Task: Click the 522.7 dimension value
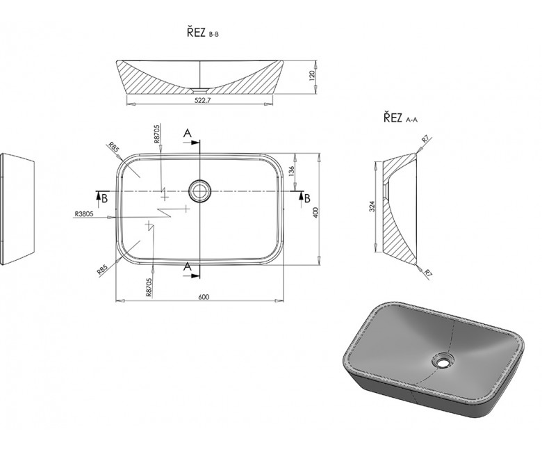pyautogui.click(x=201, y=100)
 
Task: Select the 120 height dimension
pyautogui.click(x=312, y=74)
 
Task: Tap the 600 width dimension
pyautogui.click(x=204, y=297)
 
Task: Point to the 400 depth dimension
pyautogui.click(x=315, y=212)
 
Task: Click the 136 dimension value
pyautogui.click(x=291, y=171)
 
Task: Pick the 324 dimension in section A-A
pyautogui.click(x=372, y=207)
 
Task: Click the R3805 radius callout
pyautogui.click(x=84, y=213)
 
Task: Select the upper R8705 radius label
pyautogui.click(x=157, y=134)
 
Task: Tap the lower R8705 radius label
pyautogui.click(x=149, y=287)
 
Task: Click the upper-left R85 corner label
pyautogui.click(x=114, y=147)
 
